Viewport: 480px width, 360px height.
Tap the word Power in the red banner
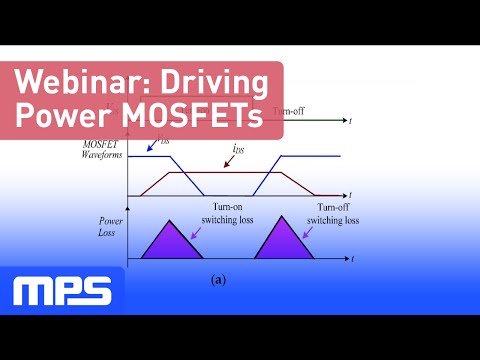pyautogui.click(x=66, y=117)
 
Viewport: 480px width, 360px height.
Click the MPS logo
pyautogui.click(x=62, y=290)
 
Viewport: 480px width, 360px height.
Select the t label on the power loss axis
pyautogui.click(x=352, y=260)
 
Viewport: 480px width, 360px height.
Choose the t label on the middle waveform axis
pyautogui.click(x=352, y=194)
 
